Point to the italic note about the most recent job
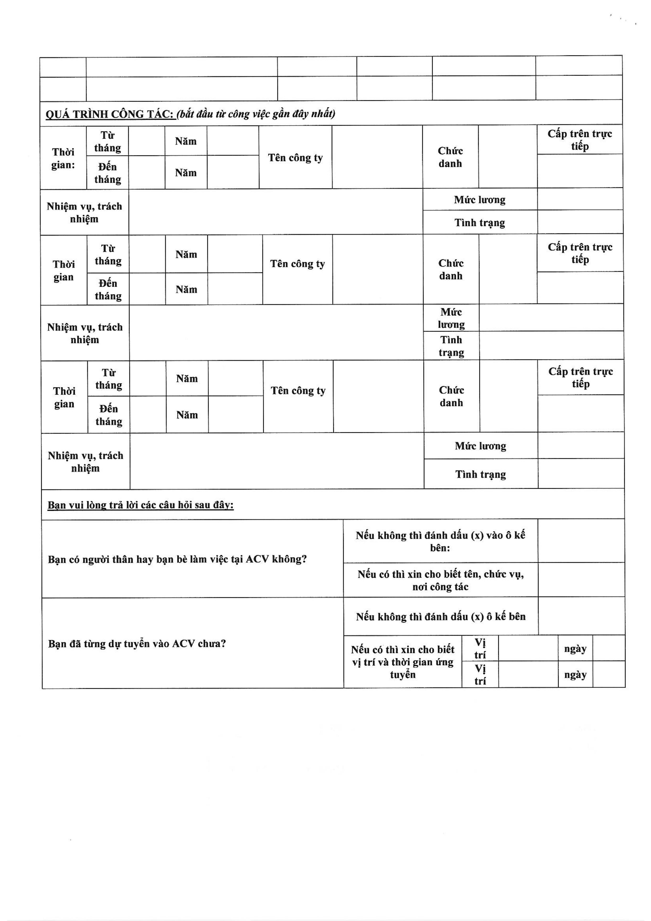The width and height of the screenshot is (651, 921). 256,114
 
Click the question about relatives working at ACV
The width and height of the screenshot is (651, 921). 177,559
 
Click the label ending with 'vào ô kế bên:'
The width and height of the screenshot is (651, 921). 440,541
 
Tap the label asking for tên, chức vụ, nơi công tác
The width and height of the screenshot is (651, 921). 440,580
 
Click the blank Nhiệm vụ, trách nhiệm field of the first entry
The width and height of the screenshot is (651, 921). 276,212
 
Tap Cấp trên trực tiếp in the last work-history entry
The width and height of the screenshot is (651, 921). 580,377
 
